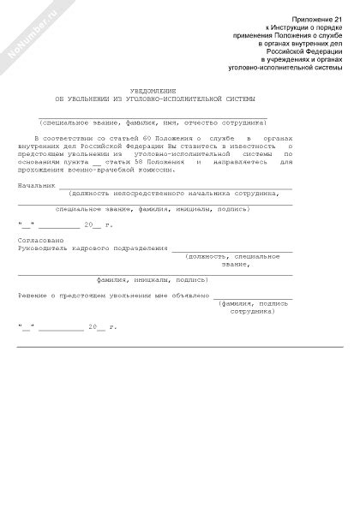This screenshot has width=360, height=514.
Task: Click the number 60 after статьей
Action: click(129, 137)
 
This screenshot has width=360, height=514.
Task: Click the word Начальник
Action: click(37, 184)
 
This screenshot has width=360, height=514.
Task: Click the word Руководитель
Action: click(41, 248)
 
